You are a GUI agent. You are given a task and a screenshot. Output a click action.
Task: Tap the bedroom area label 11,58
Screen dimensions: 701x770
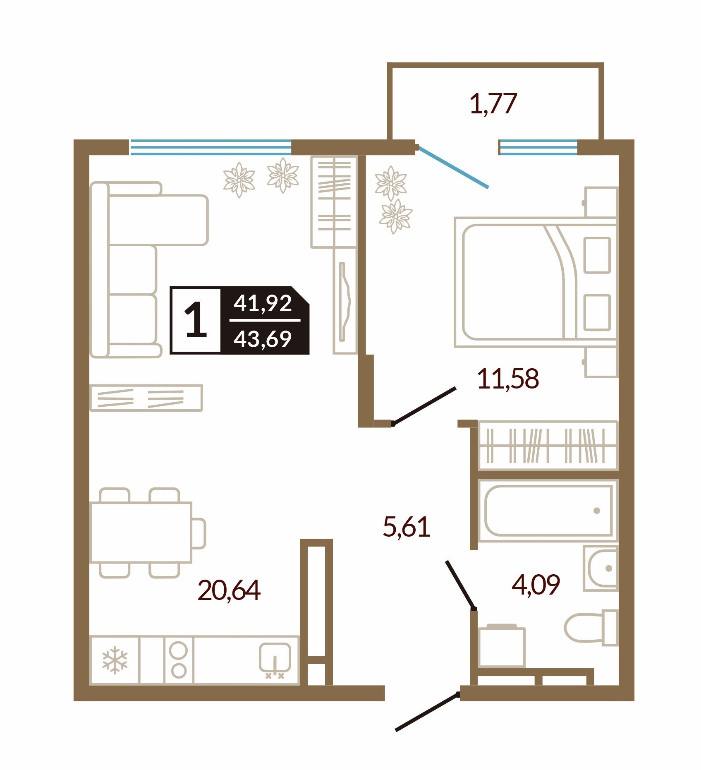[508, 379]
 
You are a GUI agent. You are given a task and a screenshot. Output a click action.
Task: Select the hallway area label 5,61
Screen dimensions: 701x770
[407, 527]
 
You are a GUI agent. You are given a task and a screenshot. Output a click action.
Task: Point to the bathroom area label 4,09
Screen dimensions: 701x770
[536, 585]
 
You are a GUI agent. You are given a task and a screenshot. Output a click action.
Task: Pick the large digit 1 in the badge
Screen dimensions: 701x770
[196, 319]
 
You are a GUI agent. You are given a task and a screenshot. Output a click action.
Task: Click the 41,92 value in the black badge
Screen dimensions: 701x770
[263, 303]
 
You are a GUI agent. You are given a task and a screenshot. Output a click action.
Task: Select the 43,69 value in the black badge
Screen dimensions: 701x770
[263, 339]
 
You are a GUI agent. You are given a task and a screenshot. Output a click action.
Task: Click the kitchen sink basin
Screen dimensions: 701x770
[275, 657]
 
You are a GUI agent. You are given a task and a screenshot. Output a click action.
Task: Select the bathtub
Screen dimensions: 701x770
[548, 511]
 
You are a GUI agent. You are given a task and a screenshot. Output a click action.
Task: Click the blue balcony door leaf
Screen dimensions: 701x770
[454, 167]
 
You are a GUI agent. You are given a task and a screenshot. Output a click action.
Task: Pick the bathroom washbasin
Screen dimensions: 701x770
[601, 568]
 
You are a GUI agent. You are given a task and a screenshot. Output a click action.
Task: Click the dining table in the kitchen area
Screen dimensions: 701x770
[141, 533]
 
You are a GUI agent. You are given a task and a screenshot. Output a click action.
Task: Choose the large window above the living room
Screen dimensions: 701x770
[211, 147]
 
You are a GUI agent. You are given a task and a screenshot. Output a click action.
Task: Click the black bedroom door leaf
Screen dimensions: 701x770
[424, 406]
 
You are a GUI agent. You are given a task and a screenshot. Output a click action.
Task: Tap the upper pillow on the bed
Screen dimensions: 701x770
[597, 255]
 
